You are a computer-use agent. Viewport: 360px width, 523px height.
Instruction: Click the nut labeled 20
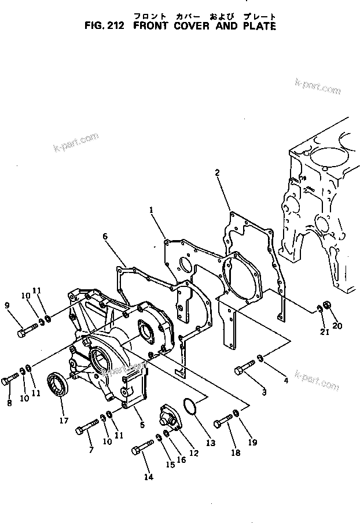326,305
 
